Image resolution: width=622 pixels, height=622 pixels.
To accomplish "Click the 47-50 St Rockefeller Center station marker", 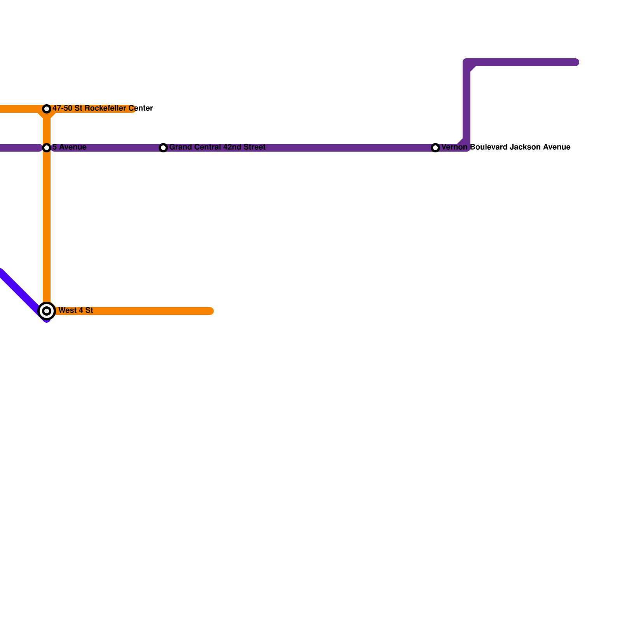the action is click(47, 109).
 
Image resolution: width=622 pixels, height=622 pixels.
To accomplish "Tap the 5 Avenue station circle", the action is click(47, 148).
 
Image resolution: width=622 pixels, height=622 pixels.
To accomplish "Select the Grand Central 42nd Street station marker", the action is click(163, 148).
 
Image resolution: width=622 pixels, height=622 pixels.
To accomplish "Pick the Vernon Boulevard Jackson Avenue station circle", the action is click(435, 148).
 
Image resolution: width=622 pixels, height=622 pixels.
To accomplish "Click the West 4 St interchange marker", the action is click(47, 311).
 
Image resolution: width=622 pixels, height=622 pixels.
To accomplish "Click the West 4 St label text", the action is click(76, 311).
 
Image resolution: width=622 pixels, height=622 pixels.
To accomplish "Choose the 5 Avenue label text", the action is click(70, 147).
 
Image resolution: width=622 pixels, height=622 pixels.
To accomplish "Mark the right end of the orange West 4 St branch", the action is click(210, 311).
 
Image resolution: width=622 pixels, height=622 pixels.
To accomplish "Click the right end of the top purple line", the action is click(576, 62).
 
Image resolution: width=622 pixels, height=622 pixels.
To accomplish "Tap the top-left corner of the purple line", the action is click(466, 62).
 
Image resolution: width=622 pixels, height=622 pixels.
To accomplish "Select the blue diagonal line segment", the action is click(23, 295).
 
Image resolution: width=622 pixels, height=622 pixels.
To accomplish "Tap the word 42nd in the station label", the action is click(231, 147).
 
